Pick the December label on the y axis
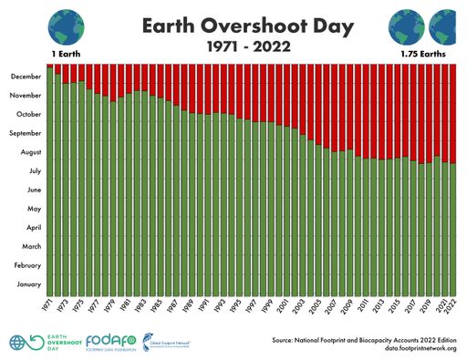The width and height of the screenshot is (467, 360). (x=26, y=77)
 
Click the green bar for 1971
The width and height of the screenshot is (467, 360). (x=50, y=182)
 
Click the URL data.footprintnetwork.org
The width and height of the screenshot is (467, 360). (x=408, y=348)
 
